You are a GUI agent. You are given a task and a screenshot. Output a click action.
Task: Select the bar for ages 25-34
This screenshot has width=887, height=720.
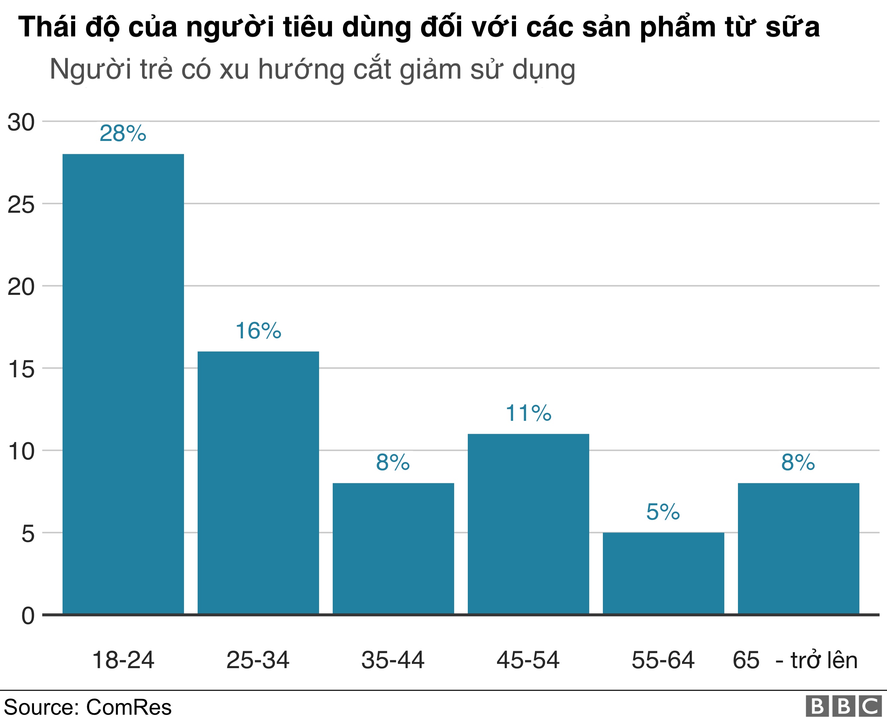point(258,482)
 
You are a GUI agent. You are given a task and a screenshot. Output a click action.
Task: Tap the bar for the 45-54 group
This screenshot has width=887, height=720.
point(528,524)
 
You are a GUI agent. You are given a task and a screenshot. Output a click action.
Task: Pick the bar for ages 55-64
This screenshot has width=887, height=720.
point(663,573)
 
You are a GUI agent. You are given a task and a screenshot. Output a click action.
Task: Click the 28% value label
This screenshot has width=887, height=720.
point(123,134)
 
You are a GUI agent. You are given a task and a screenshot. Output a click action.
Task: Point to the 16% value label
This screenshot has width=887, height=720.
point(258,331)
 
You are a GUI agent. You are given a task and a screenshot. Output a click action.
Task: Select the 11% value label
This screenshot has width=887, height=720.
point(528,413)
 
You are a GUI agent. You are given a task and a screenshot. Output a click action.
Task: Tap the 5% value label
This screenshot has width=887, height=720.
point(663,512)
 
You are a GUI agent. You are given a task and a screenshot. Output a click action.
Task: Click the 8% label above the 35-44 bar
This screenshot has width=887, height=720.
point(393,462)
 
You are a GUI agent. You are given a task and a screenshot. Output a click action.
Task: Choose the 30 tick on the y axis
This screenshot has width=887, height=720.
point(21,122)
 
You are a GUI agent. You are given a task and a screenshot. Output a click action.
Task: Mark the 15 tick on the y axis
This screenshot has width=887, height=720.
point(21,369)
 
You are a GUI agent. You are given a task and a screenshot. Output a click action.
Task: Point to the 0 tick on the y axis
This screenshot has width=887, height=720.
point(28,616)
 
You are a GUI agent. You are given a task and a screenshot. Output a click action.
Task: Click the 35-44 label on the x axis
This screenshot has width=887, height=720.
point(393,660)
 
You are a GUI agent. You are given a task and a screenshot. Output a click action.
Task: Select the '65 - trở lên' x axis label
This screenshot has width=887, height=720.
point(795,660)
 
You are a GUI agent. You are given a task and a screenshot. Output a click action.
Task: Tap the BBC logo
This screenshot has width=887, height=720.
point(843,707)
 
